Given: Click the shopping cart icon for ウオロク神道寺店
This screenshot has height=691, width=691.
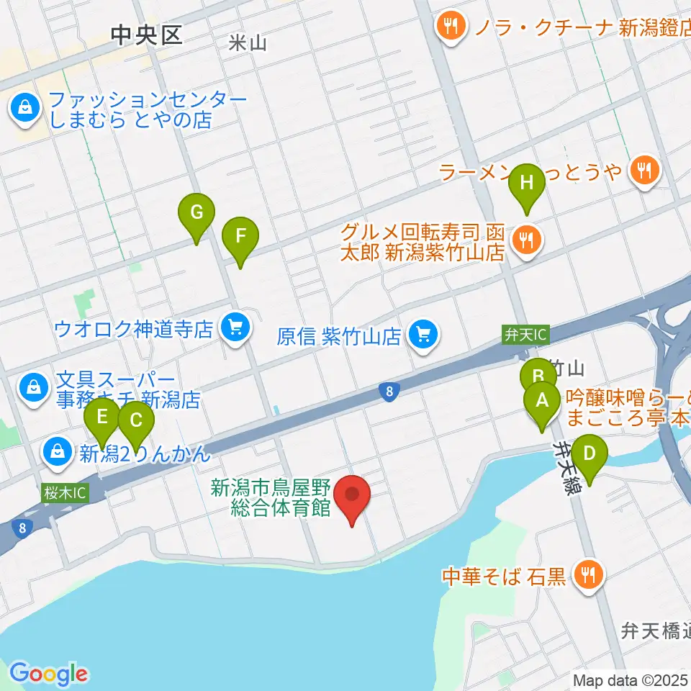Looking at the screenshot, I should [x=235, y=329].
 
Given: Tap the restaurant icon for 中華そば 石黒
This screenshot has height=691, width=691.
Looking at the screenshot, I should [x=588, y=574].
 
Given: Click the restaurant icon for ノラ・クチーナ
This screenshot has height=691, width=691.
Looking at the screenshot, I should [x=451, y=27].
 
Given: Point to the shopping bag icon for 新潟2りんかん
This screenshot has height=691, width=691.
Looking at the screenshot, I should [x=56, y=453].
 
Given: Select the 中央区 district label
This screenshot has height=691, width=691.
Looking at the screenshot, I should [x=147, y=35].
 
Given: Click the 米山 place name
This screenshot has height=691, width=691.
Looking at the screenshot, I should [x=247, y=43].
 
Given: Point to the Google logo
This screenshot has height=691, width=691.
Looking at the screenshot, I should [x=48, y=673].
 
